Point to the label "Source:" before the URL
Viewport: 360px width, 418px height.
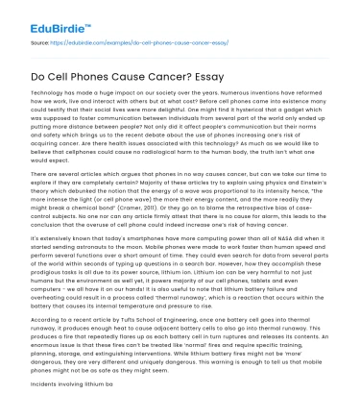(40, 42)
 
